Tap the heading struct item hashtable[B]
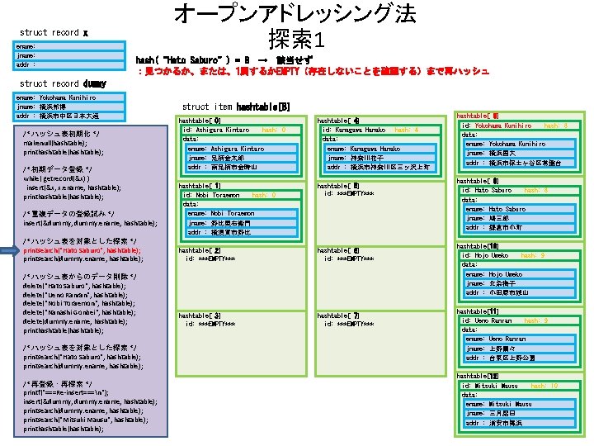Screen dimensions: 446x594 click(x=236, y=107)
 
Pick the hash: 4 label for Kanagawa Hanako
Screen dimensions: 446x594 click(x=406, y=130)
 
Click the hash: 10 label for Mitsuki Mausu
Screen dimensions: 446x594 click(x=544, y=386)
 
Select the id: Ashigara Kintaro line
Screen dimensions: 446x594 click(x=216, y=130)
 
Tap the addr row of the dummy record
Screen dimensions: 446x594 click(x=58, y=116)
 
